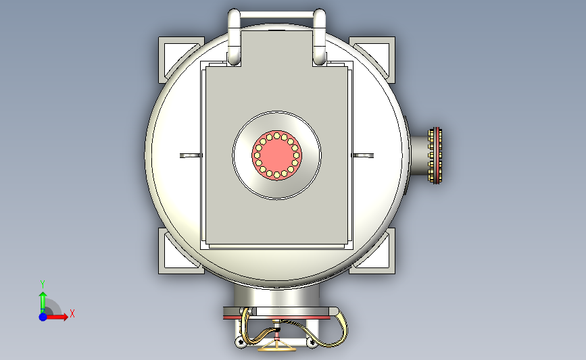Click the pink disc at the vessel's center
coord(276,155)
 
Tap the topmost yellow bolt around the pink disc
coord(276,136)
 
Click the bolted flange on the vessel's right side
coord(435,155)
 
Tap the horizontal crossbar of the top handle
coord(276,15)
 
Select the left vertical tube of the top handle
coord(234,36)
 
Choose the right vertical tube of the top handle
coord(319,36)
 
